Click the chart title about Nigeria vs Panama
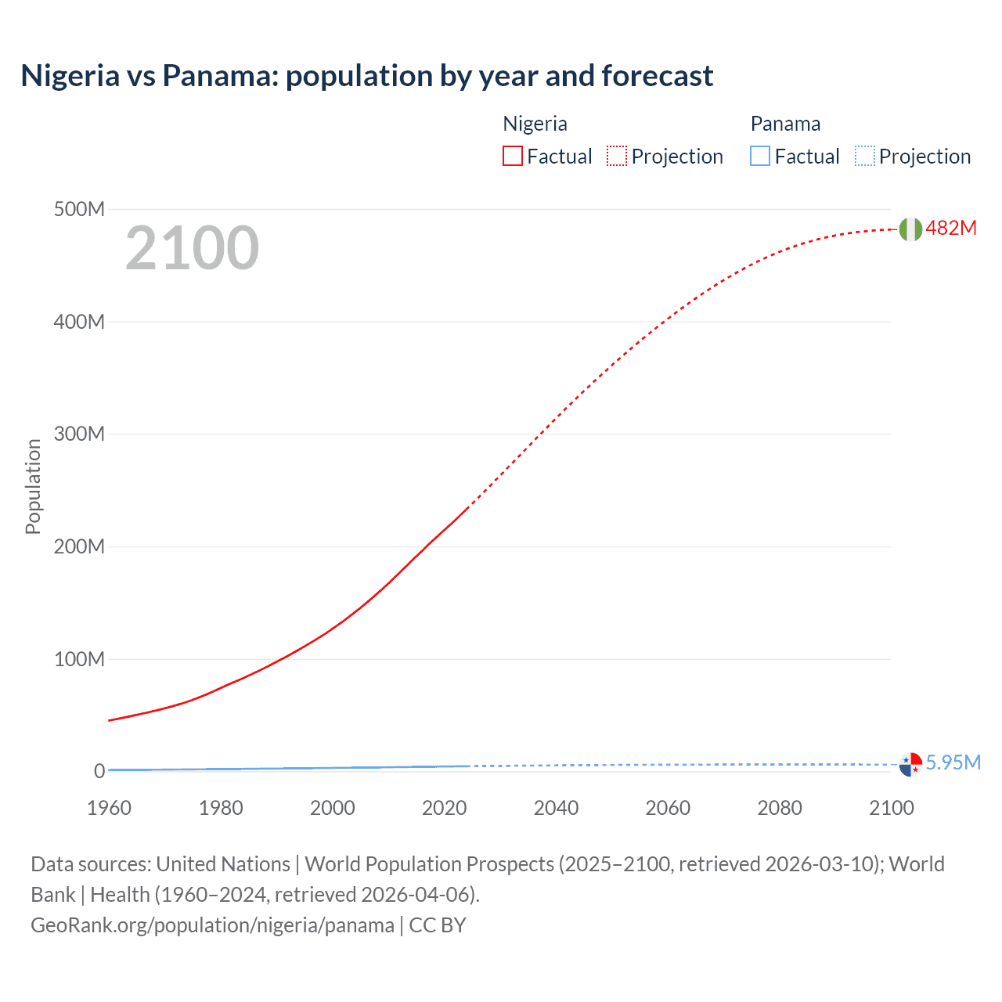(x=366, y=76)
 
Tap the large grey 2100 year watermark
(x=192, y=248)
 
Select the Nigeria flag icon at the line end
(x=910, y=229)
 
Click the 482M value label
(x=951, y=228)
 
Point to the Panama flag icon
(x=910, y=764)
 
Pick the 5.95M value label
(x=953, y=762)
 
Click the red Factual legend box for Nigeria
(x=513, y=157)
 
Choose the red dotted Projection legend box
(x=617, y=157)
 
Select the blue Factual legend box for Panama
(x=760, y=157)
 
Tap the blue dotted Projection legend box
(x=865, y=157)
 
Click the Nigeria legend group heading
(x=535, y=124)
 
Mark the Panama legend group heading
(x=785, y=124)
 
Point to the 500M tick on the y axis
(x=79, y=209)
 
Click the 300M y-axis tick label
(x=79, y=434)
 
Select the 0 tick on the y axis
(x=99, y=771)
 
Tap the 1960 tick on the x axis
(x=109, y=808)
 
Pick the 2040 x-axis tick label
(x=556, y=808)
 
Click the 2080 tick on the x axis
(x=780, y=808)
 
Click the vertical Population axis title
(x=33, y=486)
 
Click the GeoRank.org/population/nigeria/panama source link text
(x=212, y=925)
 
